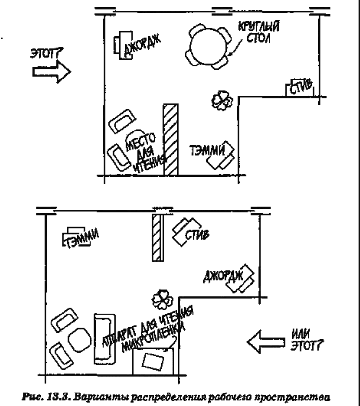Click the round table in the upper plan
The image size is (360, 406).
(208, 47)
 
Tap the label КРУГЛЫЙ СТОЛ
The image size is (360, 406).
(258, 32)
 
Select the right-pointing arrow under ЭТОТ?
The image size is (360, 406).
(51, 72)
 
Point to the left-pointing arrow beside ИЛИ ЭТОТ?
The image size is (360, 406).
(266, 342)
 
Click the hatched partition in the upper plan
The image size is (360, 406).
(170, 140)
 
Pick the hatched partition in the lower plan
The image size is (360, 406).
(157, 237)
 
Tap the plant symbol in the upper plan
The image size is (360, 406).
(222, 100)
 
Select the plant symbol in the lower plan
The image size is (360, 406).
(162, 300)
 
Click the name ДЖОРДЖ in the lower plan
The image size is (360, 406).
(223, 276)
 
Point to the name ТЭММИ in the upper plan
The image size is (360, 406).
(207, 150)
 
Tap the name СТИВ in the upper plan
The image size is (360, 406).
(301, 87)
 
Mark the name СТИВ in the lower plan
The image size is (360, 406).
(197, 235)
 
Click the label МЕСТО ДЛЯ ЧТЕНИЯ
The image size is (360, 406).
(145, 153)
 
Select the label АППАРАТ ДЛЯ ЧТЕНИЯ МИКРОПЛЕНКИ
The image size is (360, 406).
(148, 329)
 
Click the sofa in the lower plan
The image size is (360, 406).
(104, 339)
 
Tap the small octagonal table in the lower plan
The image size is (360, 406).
(80, 340)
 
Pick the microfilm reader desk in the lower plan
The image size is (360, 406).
(153, 362)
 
